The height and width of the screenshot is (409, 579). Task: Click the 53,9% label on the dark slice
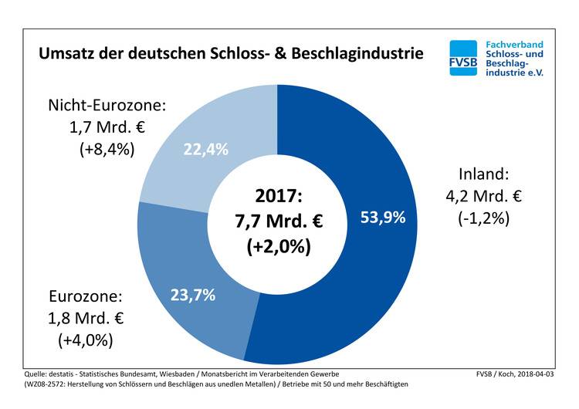pyautogui.click(x=383, y=218)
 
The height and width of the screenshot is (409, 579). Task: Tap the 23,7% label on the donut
pyautogui.click(x=193, y=294)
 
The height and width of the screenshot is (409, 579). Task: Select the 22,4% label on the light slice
pyautogui.click(x=205, y=150)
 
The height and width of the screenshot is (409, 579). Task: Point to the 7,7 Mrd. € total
pyautogui.click(x=278, y=221)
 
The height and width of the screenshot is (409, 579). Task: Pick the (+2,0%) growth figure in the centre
pyautogui.click(x=278, y=247)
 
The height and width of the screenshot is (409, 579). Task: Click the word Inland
pyautogui.click(x=483, y=174)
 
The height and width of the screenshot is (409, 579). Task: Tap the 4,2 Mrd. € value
pyautogui.click(x=483, y=196)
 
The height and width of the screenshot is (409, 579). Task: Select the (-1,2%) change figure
pyautogui.click(x=483, y=218)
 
